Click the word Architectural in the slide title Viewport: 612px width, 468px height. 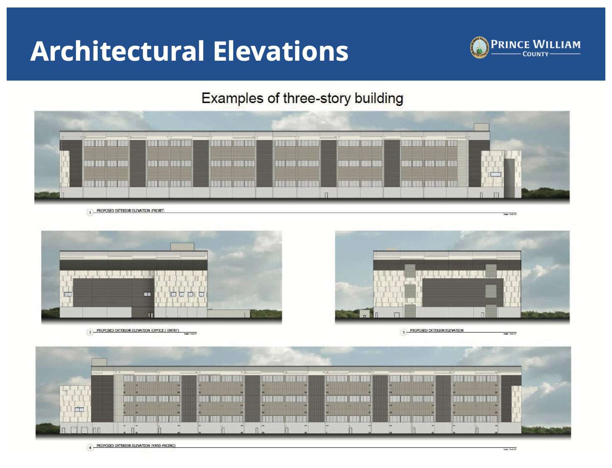click(118, 51)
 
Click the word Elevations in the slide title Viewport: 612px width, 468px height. click(281, 51)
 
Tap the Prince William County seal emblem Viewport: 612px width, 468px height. click(479, 47)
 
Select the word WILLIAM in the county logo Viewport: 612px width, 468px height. click(557, 44)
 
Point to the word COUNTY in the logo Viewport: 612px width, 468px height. click(535, 54)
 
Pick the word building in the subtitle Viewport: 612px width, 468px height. click(379, 99)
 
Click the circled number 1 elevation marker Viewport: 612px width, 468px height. click(90, 212)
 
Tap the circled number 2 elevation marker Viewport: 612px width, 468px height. click(90, 332)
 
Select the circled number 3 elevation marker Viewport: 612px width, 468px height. click(403, 332)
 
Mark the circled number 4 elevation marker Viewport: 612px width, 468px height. click(90, 447)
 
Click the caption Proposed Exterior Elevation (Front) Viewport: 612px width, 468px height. click(130, 211)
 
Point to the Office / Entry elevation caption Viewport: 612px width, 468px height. click(138, 330)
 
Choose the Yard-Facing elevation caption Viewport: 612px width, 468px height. click(136, 446)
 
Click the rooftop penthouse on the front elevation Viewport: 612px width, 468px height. click(481, 127)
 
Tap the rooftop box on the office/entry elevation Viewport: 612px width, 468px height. click(182, 247)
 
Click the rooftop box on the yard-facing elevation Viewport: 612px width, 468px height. click(99, 362)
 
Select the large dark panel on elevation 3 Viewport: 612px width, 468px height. click(453, 293)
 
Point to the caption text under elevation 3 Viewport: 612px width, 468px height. click(437, 330)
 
